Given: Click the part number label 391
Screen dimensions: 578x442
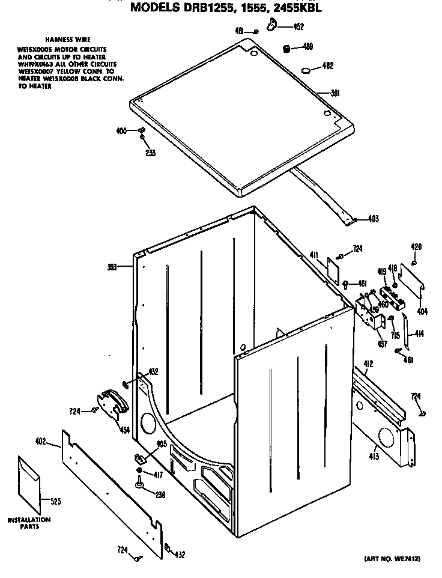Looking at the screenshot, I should tap(336, 93).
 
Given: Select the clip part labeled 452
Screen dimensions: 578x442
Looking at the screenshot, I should tap(273, 23).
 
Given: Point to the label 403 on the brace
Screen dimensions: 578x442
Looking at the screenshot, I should tap(373, 219).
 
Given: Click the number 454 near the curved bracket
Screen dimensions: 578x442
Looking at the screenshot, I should tap(124, 429).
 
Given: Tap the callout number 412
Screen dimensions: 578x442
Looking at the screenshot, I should tap(368, 364).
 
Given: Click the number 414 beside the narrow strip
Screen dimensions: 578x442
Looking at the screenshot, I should tap(419, 333).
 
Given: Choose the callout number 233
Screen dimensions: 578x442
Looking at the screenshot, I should tap(150, 153).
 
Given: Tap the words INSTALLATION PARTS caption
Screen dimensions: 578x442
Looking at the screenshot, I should tap(29, 523).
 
